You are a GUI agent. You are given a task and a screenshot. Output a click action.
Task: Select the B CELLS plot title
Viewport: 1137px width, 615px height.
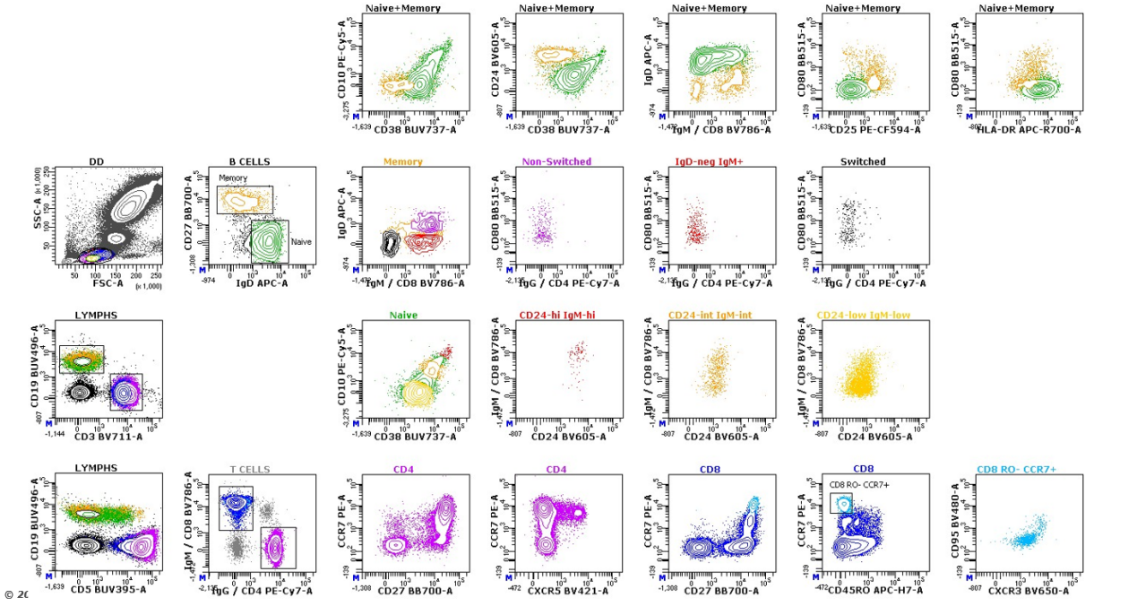click(250, 161)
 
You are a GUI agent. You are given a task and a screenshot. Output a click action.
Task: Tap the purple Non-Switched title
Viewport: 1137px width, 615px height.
click(556, 161)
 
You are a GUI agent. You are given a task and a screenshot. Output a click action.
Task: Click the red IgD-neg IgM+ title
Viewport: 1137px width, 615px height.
click(710, 161)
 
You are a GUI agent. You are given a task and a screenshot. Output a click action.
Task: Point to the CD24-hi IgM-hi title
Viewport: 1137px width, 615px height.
click(556, 315)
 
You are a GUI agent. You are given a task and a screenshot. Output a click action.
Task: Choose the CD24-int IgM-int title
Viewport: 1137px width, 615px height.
click(710, 315)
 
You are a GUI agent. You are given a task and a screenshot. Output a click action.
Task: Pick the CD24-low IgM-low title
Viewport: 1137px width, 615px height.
click(863, 315)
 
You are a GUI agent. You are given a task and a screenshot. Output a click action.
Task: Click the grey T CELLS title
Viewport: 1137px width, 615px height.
click(250, 468)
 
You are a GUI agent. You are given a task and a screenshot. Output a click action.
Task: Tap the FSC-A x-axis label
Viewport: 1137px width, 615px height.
click(108, 283)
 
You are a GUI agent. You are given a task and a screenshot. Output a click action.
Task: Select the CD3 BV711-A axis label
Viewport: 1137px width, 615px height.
click(108, 437)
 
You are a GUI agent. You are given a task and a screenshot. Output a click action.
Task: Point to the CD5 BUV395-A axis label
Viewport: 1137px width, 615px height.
click(108, 590)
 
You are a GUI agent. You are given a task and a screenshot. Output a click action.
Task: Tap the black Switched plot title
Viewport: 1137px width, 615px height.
click(863, 161)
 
